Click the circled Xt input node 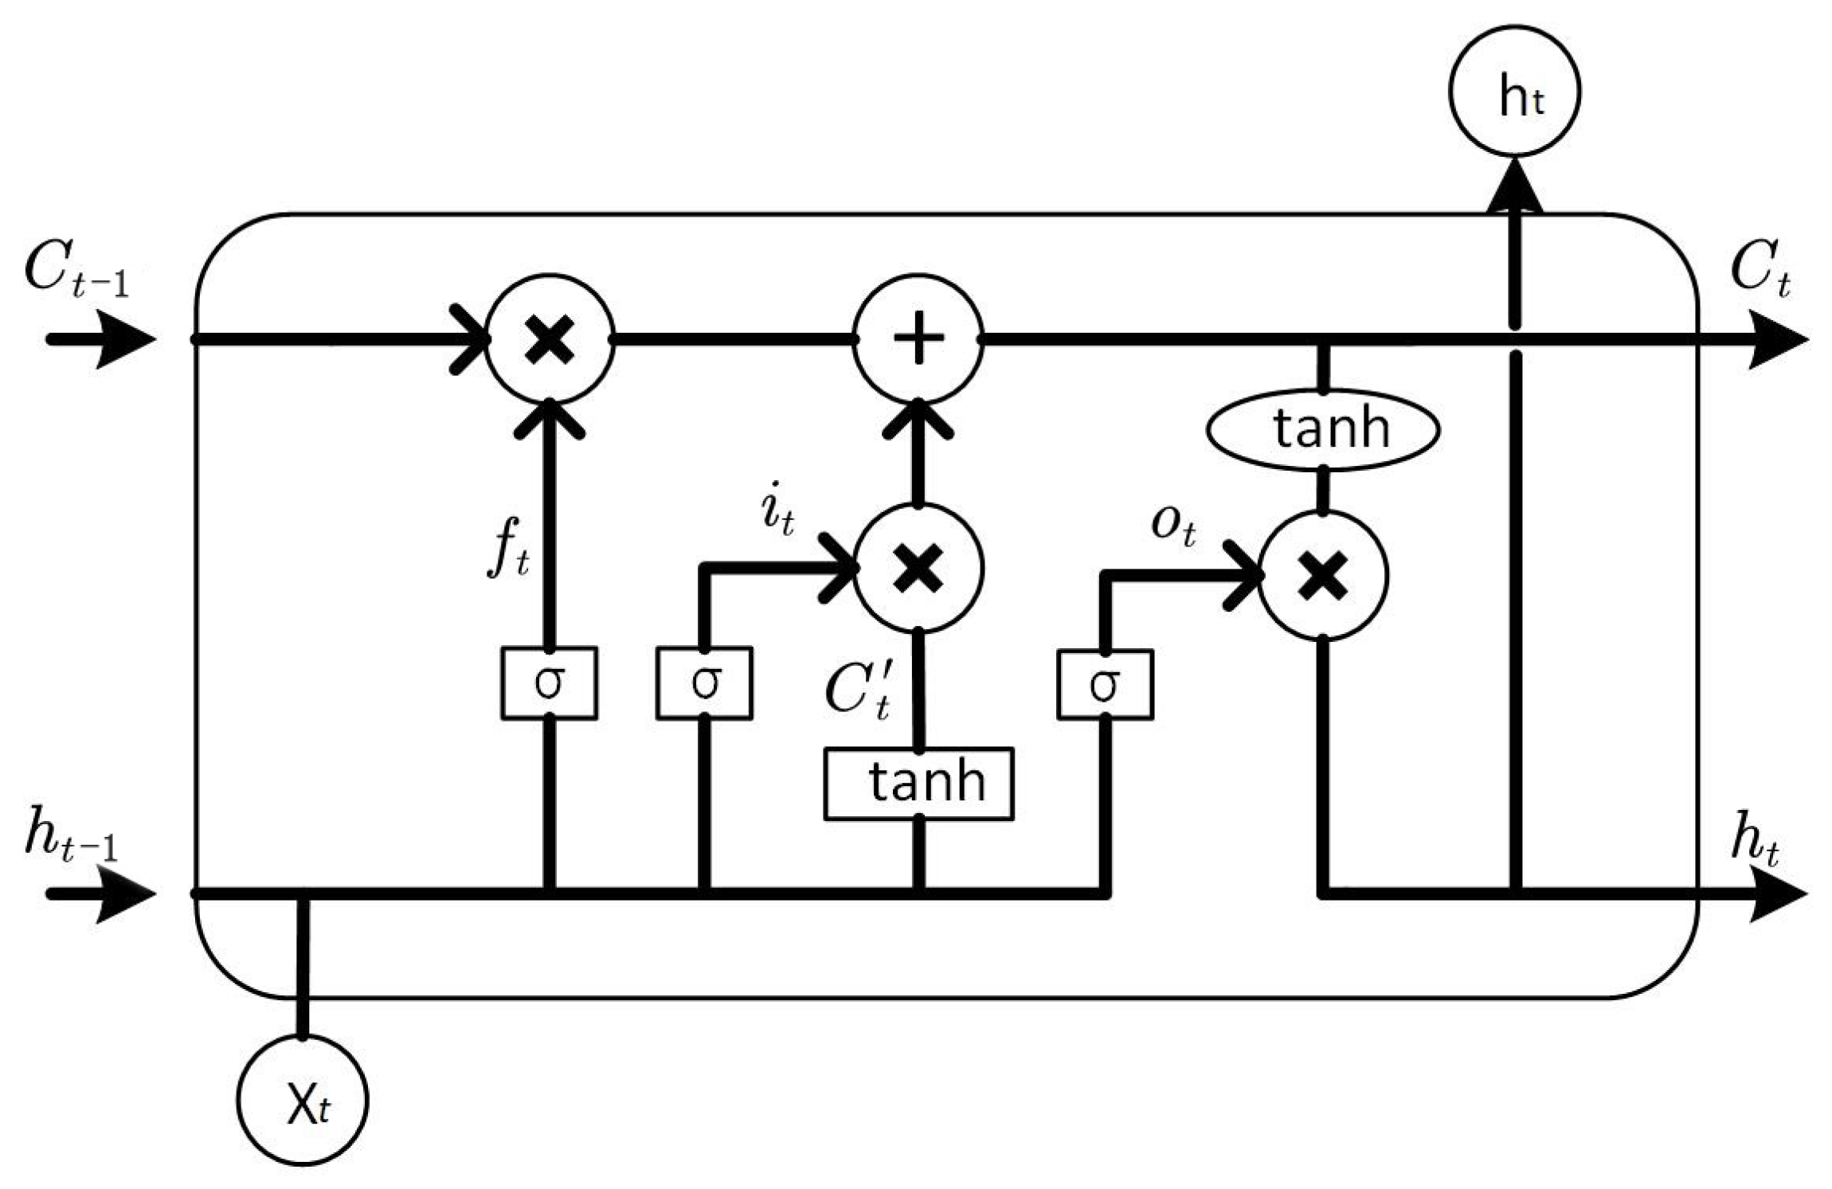click(x=303, y=1100)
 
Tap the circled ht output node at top click(x=1514, y=91)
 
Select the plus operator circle click(x=918, y=339)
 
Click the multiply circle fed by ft click(x=550, y=339)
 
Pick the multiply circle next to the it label click(x=918, y=568)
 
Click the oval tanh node click(x=1323, y=429)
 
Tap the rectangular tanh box click(x=918, y=784)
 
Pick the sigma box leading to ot click(x=1105, y=685)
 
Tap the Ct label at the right click(x=1761, y=272)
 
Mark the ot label click(x=1173, y=526)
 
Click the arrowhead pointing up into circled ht click(x=1514, y=187)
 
